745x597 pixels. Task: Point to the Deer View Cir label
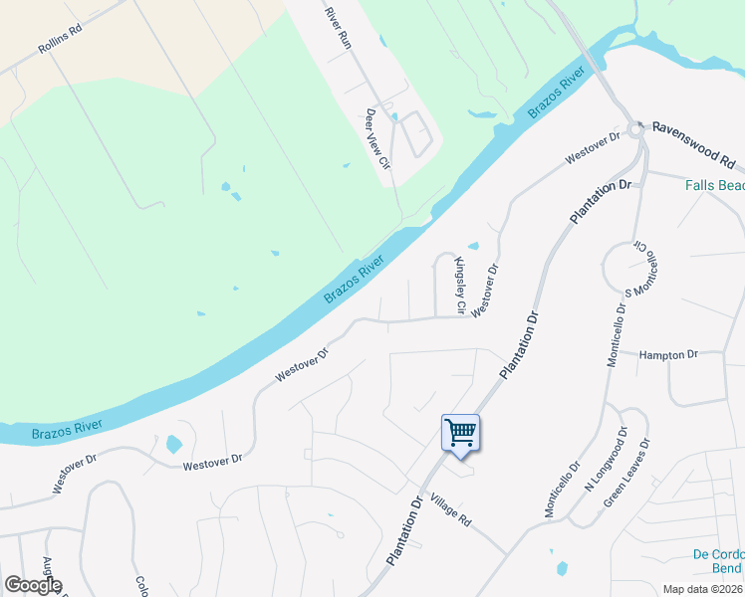pyautogui.click(x=375, y=146)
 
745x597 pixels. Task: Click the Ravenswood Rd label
pyautogui.click(x=693, y=131)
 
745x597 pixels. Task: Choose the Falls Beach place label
pyautogui.click(x=714, y=185)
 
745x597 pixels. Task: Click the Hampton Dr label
pyautogui.click(x=669, y=354)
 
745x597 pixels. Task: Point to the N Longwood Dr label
pyautogui.click(x=605, y=460)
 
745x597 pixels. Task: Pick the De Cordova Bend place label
pyautogui.click(x=716, y=561)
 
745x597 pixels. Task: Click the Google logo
pyautogui.click(x=33, y=585)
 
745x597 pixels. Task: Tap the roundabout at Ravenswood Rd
pyautogui.click(x=635, y=130)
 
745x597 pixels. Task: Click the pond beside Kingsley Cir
pyautogui.click(x=472, y=247)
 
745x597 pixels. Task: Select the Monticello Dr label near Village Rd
pyautogui.click(x=561, y=489)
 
